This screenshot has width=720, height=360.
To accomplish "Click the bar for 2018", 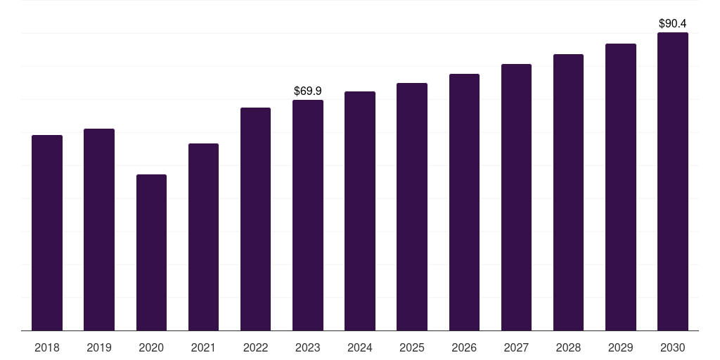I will point(47,233).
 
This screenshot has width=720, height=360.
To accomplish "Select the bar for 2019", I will point(99,230).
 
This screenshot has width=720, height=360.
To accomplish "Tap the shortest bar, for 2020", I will point(151,252).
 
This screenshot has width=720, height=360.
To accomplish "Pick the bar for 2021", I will point(203,237).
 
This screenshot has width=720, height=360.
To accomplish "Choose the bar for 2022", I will point(255,219).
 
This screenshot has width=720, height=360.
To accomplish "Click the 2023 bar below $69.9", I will point(308,215).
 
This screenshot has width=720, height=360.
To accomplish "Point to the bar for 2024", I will point(360,211).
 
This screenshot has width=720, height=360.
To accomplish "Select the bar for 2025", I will point(412,207).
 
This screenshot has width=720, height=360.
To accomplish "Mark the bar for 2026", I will point(464,202).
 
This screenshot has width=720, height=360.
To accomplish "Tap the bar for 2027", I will point(516,198).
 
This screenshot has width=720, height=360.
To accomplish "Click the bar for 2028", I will point(568,193).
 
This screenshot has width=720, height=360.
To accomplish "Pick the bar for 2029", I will point(621,187).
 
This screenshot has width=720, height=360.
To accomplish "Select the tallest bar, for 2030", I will point(673,181).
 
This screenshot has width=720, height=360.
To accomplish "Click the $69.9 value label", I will point(308,91).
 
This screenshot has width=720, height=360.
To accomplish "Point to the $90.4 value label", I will point(673,23).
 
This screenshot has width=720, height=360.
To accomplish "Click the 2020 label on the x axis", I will point(151,347).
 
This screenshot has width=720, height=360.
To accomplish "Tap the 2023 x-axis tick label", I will point(308,347).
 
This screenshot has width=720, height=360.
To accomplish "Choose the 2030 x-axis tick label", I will point(673,347).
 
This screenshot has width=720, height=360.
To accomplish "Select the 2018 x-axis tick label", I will point(47,347).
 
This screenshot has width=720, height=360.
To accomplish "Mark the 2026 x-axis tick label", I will point(464,347).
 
